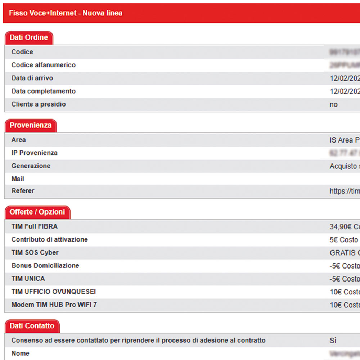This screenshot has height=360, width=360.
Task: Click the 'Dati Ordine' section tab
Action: click(x=29, y=37)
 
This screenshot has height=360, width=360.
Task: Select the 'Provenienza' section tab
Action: click(x=31, y=125)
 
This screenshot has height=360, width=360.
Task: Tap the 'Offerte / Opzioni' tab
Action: click(x=37, y=212)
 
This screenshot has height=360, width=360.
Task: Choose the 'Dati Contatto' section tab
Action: click(x=32, y=326)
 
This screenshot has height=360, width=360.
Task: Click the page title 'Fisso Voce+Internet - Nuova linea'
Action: click(x=66, y=13)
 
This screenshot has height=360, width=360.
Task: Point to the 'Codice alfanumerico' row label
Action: click(x=44, y=65)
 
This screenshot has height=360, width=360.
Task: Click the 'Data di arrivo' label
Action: click(x=32, y=78)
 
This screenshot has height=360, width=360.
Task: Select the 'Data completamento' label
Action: click(x=44, y=91)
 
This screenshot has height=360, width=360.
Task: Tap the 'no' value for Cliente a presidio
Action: click(x=334, y=104)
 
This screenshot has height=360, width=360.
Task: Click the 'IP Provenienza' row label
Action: click(x=35, y=153)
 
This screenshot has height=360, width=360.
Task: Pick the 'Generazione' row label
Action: click(x=31, y=166)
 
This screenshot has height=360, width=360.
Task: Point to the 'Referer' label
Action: click(x=23, y=191)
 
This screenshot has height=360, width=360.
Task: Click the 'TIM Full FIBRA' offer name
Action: click(x=35, y=226)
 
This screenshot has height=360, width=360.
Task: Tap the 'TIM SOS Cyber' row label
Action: click(x=35, y=252)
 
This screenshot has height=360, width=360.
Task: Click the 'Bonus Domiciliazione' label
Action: click(x=45, y=265)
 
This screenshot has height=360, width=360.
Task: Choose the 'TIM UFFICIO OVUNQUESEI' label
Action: click(x=54, y=292)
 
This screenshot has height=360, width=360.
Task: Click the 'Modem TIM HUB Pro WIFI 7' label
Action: click(x=54, y=305)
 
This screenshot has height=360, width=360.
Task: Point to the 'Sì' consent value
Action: click(x=333, y=341)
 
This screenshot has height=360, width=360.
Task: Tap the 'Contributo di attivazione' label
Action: click(x=50, y=239)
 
